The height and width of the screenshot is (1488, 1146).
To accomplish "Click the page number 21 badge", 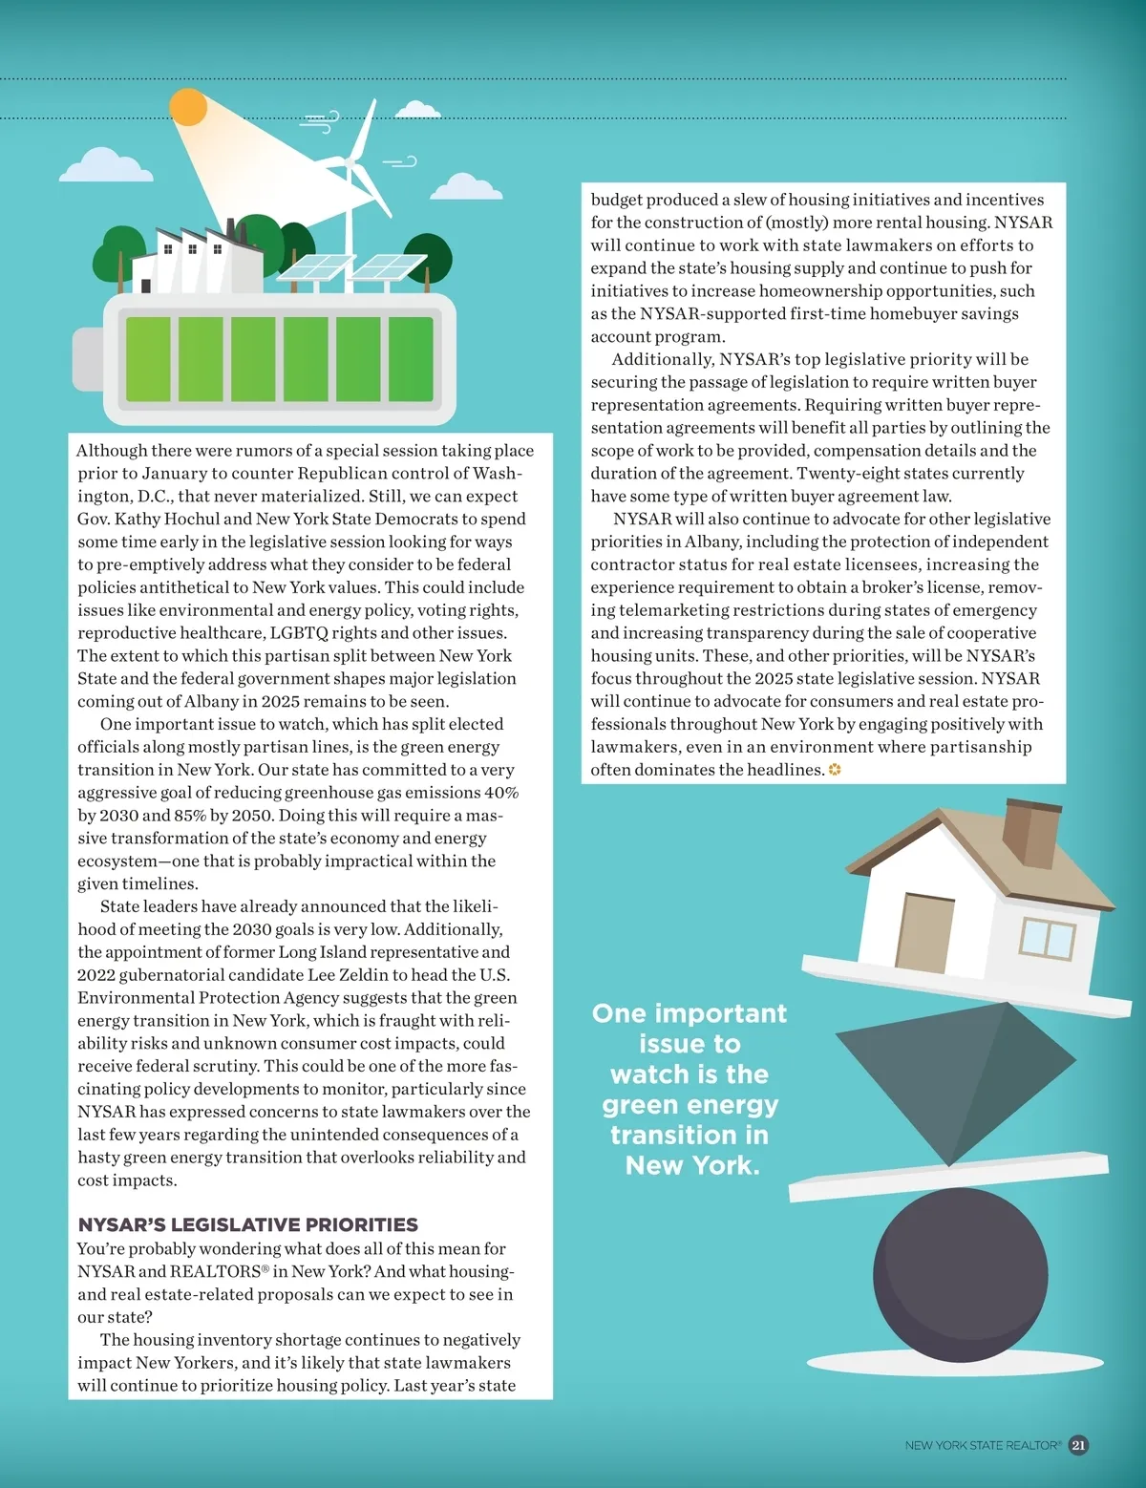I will tap(1078, 1445).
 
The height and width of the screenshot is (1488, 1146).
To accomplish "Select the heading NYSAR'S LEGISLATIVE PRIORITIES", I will tap(247, 1224).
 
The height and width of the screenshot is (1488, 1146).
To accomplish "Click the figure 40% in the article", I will tap(501, 793).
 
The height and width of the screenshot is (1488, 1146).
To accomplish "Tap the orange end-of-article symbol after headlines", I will tap(835, 770).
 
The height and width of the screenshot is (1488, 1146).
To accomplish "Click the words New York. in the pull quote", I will tap(691, 1165).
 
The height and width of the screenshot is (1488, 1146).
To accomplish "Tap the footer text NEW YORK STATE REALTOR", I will tap(982, 1446).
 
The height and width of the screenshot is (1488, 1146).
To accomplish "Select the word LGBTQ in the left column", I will tap(299, 633).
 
